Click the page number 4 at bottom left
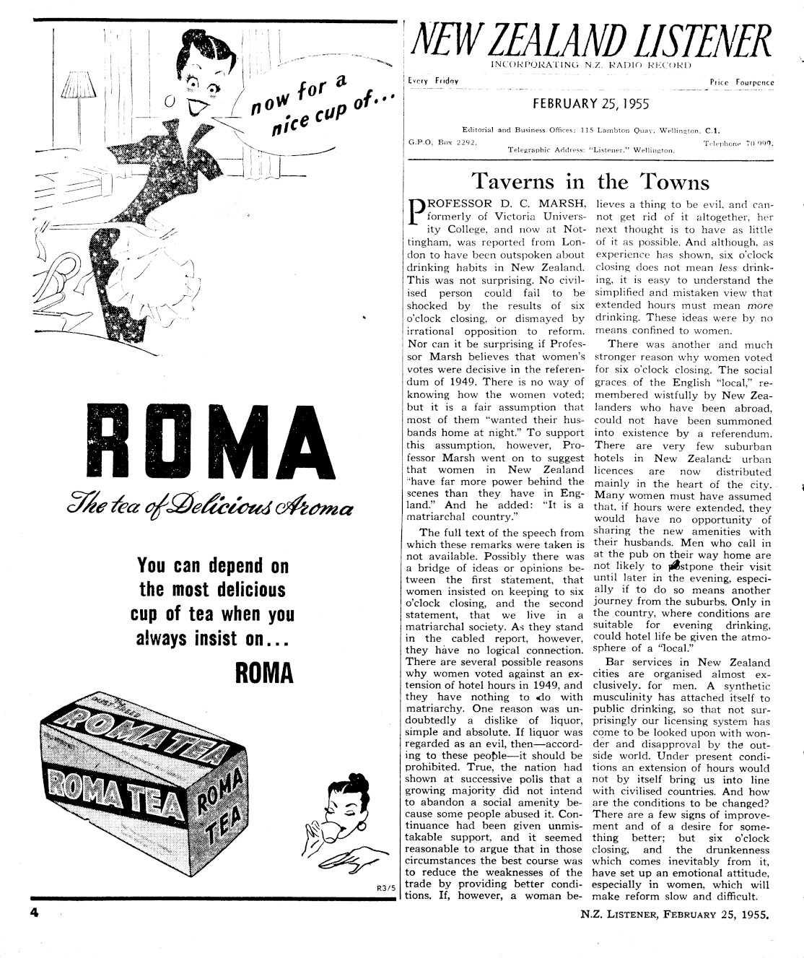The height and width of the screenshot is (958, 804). coord(33,912)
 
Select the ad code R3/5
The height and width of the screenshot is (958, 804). coord(386,888)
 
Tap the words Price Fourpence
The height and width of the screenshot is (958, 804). coord(741,83)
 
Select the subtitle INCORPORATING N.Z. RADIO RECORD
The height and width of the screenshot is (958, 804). coord(590,65)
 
